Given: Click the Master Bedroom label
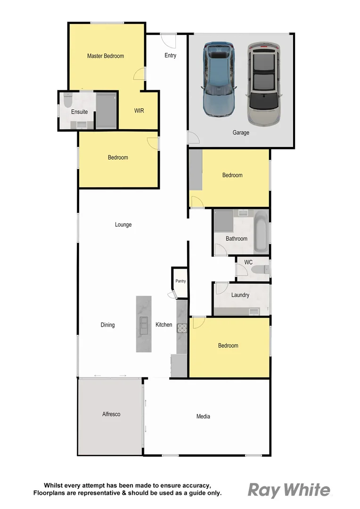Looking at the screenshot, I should point(106,56).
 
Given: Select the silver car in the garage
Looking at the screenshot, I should point(263,84).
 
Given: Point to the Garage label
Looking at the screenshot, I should point(241,132).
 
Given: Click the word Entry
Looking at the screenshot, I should point(170,56).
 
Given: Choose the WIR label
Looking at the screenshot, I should point(139,111).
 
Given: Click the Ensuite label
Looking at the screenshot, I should point(79,112).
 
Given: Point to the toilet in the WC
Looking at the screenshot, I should point(260,270).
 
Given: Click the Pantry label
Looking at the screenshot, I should point(180,281).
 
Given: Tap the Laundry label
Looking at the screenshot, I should point(240,296).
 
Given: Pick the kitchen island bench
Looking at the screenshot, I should point(144,324).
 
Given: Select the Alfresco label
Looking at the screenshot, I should point(111,414).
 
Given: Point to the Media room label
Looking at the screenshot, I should point(203,416).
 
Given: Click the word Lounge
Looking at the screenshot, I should point(123,225).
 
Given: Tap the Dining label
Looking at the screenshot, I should point(107,325).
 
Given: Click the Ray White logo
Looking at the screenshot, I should point(289,490).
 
